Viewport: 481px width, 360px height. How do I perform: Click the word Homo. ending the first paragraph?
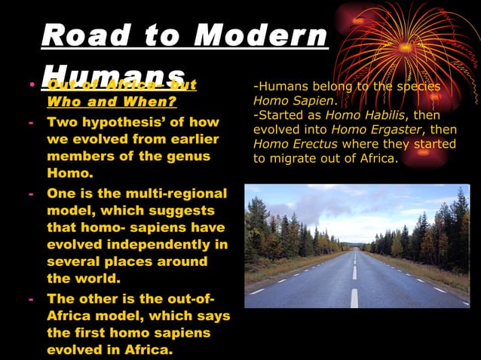69,172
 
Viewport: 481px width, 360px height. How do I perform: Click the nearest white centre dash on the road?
354,297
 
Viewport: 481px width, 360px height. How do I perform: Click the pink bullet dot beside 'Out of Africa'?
32,84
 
